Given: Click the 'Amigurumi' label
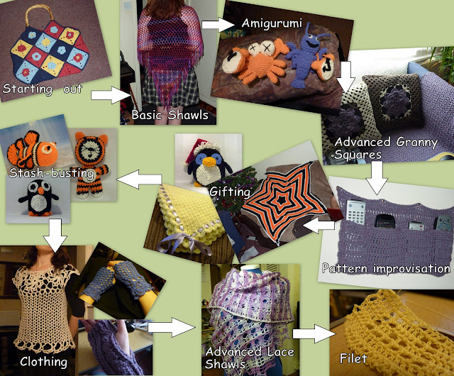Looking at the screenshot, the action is point(272,23).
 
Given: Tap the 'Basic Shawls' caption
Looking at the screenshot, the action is point(170,115).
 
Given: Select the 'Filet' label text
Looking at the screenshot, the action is point(353,359).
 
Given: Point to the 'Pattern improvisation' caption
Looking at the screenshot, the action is point(386,269).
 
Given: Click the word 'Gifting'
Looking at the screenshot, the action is point(230,192).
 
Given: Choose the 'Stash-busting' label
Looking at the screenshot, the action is point(52,173).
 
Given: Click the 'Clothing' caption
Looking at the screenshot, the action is point(44,362).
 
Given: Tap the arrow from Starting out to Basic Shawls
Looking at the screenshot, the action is point(111,95).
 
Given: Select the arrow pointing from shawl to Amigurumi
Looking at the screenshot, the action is point(218,25).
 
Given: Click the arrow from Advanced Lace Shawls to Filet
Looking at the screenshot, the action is point(314,333).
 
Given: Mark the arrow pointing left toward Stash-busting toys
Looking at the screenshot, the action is point(139,179).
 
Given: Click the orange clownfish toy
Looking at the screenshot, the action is point(31,150).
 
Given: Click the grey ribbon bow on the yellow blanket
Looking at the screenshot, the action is point(185,243).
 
